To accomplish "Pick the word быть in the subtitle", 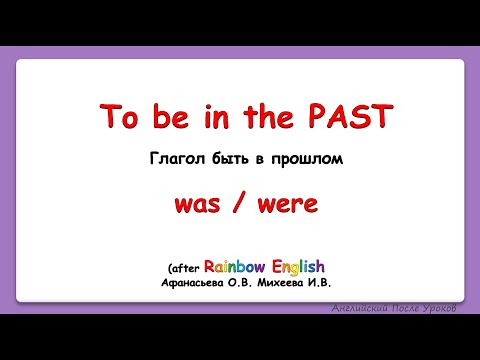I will (227, 159).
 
